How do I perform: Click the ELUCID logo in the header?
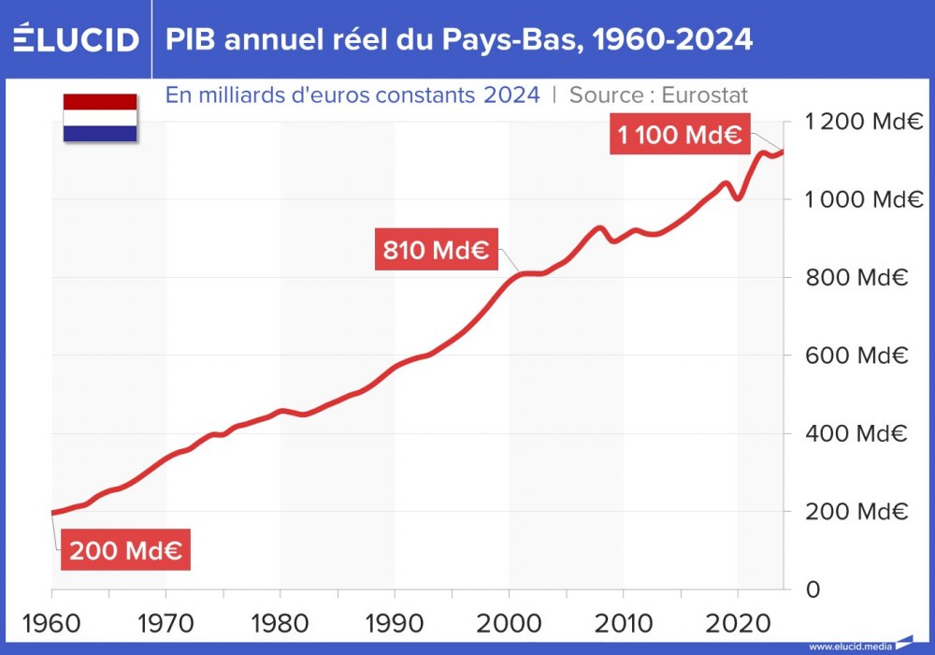(76, 39)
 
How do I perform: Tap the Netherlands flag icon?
(100, 118)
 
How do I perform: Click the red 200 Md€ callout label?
(126, 551)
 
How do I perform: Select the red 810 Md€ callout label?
(437, 251)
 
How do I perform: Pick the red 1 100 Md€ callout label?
(679, 135)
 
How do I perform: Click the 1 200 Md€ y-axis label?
(864, 122)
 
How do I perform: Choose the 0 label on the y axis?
(813, 589)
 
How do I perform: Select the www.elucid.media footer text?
(850, 646)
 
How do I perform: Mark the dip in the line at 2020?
(739, 198)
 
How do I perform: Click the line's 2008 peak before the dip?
(599, 227)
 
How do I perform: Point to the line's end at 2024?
(784, 152)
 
